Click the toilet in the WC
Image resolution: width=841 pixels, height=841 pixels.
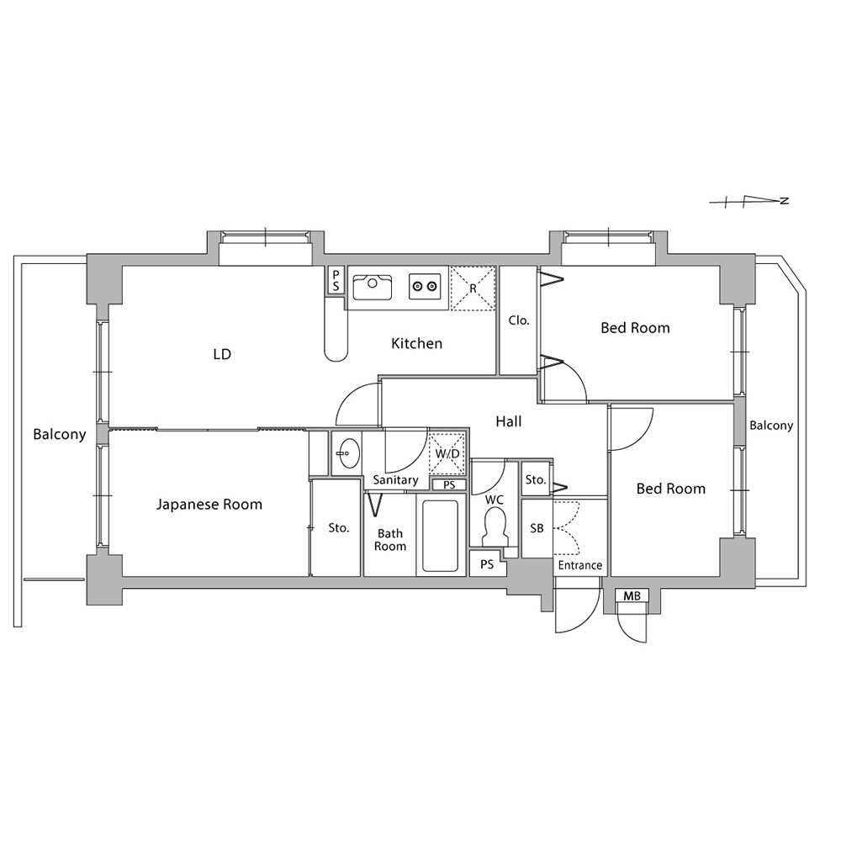click(x=495, y=526)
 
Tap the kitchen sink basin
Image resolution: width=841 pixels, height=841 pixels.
click(x=373, y=287)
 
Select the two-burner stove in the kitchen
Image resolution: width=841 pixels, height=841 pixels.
click(x=425, y=286)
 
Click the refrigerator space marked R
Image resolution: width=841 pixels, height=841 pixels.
click(x=473, y=288)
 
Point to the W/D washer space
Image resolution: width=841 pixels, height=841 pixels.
click(x=447, y=453)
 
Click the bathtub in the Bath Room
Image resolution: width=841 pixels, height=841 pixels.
click(x=440, y=536)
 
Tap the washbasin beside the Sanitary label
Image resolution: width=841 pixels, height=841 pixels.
click(x=347, y=453)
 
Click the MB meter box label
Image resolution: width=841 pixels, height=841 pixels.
click(x=632, y=596)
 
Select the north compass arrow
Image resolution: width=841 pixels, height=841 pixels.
click(x=748, y=202)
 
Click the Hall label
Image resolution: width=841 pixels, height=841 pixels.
click(x=509, y=421)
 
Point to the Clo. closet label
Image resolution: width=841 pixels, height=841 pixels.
click(x=519, y=320)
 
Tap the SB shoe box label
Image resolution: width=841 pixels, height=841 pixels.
click(x=537, y=528)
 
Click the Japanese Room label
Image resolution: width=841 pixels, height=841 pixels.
click(x=209, y=504)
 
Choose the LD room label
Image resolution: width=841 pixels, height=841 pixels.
click(x=222, y=354)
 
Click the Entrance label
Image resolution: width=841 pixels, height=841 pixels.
click(x=579, y=565)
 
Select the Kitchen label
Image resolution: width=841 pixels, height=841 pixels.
click(x=417, y=343)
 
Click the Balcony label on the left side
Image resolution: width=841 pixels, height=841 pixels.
click(x=60, y=435)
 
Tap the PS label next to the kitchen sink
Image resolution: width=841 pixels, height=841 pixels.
click(x=336, y=281)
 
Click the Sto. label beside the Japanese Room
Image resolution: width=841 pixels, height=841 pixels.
click(x=339, y=528)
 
